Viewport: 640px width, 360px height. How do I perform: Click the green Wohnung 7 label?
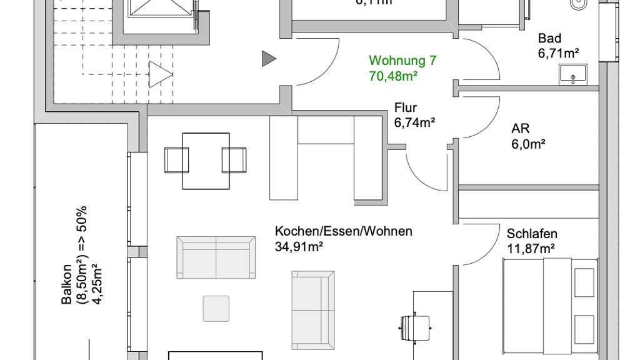pos(402,61)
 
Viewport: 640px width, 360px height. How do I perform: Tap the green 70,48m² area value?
pos(393,76)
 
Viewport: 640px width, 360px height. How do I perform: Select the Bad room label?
pos(549,39)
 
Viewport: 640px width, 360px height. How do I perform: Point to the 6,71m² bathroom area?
pos(558,53)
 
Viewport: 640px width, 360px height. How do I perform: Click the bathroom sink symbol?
pos(573,75)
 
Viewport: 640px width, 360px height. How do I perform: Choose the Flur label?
pos(406,107)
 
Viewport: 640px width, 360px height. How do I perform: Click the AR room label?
pos(521,129)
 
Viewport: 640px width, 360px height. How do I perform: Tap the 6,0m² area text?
pos(528,144)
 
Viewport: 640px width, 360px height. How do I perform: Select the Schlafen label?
pos(532,234)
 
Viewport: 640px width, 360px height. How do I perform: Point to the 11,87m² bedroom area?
pos(531,249)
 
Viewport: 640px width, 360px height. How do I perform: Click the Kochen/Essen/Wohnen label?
pos(343,231)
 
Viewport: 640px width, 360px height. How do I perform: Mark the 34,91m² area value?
pos(299,246)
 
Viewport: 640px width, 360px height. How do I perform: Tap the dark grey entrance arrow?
pos(269,59)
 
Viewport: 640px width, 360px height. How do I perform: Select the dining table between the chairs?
pos(206,160)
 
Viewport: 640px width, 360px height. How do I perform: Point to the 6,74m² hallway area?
pos(414,122)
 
